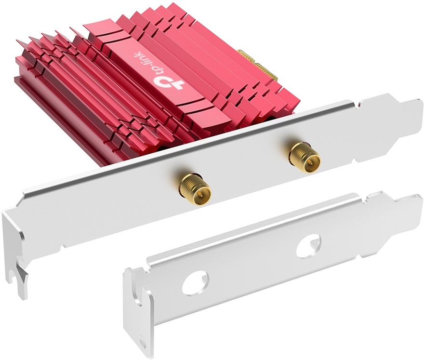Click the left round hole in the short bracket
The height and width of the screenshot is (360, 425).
pos(196,281)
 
